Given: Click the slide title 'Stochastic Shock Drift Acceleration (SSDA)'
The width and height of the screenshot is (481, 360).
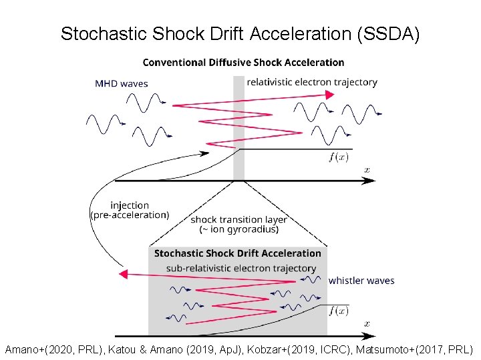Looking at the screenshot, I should click(240, 34).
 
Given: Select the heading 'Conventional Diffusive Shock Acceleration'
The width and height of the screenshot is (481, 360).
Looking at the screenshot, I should click(244, 63).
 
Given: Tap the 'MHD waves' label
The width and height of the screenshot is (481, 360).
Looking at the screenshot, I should click(122, 84).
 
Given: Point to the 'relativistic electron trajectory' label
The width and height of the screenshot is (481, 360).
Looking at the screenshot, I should click(312, 82).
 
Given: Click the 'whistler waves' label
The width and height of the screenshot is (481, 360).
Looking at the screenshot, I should click(361, 281).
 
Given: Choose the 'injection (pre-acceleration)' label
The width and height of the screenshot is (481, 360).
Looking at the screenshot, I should click(130, 210).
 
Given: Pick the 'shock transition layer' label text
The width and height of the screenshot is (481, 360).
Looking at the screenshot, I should click(239, 219).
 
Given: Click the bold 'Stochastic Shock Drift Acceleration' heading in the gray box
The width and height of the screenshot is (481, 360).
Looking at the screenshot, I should click(238, 253).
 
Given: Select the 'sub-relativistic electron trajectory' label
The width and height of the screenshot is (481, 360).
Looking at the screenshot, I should click(241, 268).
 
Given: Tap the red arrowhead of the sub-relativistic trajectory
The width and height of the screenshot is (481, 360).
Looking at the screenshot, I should click(122, 274).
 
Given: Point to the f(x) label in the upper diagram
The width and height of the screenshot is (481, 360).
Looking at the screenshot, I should click(339, 157).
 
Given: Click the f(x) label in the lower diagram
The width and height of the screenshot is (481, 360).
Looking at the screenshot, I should click(339, 311).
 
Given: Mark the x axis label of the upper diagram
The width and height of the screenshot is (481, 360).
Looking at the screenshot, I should click(367, 170).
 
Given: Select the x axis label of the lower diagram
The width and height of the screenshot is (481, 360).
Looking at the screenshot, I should click(367, 323).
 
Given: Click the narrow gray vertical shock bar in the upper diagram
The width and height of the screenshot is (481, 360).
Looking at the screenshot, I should click(238, 127).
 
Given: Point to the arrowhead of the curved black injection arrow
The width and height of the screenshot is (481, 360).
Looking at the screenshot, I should click(204, 155).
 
